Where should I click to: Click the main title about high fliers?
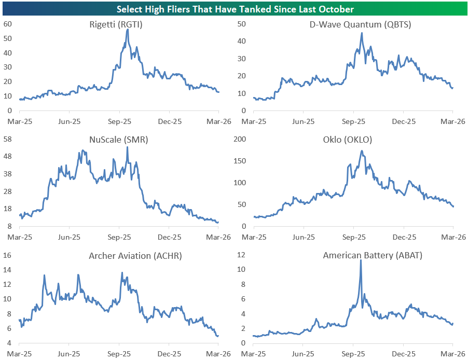pos(235,9)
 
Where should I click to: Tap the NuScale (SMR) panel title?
pos(119,140)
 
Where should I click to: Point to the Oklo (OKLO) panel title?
pos(352,140)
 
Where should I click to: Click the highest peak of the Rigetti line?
pos(128,30)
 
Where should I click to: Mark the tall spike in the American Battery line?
pos(361,260)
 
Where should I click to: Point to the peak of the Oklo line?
pos(361,151)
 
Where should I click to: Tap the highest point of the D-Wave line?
pos(362,33)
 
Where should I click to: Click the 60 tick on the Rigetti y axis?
pos(8,24)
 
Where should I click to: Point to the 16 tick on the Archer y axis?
pos(8,255)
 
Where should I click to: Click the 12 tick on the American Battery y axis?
pos(241,255)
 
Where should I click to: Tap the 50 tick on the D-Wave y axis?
pos(241,24)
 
